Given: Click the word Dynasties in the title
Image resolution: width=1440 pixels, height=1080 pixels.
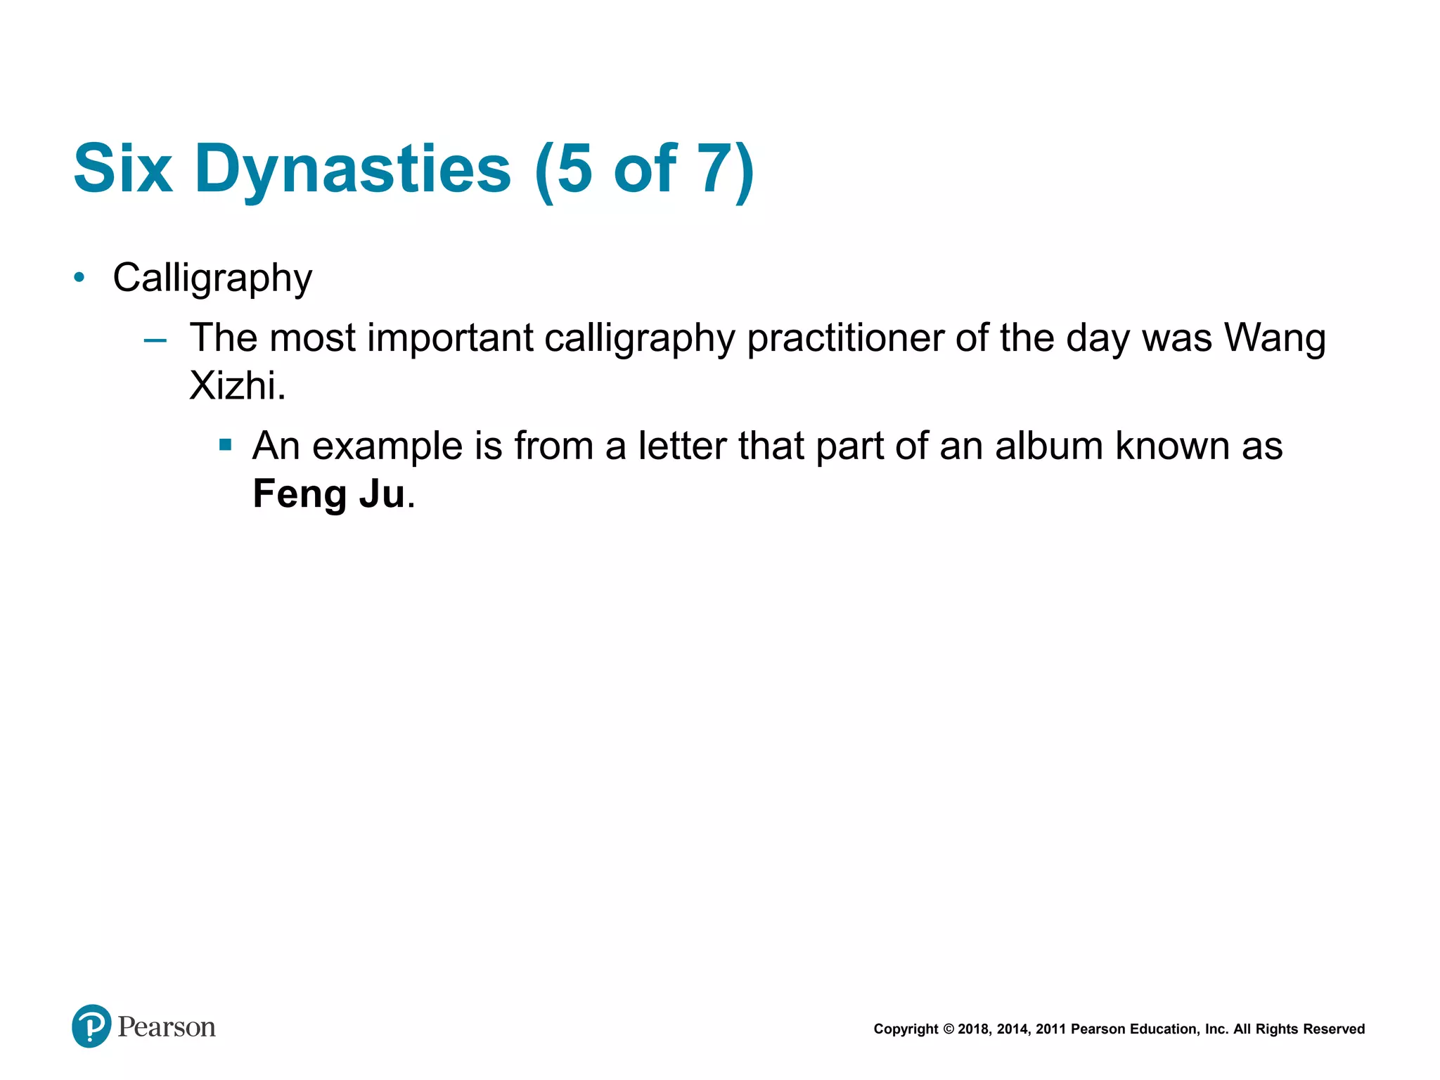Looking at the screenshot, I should point(353,170).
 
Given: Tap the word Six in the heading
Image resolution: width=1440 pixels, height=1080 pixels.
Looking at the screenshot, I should point(123,169).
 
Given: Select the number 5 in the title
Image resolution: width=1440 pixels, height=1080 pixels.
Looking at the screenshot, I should point(575,169).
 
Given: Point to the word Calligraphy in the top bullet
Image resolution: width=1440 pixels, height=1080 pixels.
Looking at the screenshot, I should point(212,278).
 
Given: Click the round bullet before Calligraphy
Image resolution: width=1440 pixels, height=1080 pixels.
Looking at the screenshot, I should point(79,278).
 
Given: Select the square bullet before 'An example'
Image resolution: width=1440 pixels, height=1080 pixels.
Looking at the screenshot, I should point(225,444).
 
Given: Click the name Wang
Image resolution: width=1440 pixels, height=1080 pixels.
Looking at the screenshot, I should point(1274,338).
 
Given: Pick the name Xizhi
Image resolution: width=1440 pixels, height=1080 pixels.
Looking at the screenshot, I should point(237,385).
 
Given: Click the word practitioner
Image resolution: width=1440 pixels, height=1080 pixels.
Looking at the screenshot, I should point(844,338).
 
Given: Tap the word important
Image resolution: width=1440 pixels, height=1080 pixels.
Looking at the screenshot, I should point(450,338).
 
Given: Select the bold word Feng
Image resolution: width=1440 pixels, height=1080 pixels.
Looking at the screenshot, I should point(300,494).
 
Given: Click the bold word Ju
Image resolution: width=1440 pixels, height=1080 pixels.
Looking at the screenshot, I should point(382,494).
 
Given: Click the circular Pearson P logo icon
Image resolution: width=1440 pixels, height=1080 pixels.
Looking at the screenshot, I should point(91,1026).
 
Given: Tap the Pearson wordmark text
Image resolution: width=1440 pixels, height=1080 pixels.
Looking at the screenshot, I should point(167,1027).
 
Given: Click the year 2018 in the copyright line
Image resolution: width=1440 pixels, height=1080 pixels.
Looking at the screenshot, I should point(972,1029).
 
